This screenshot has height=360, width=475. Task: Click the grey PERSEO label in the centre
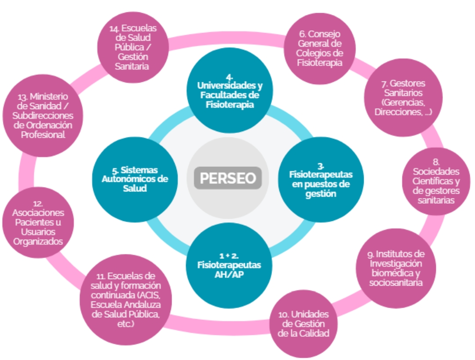point(228,178)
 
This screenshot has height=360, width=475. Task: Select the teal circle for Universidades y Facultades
point(230,90)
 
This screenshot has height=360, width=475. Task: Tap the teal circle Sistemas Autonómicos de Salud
point(135,180)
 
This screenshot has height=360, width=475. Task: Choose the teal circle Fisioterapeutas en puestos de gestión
point(321,180)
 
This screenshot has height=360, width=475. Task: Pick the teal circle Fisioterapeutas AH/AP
point(229,265)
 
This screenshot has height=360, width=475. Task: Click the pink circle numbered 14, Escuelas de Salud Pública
point(133,47)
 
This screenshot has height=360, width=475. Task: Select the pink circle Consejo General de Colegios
point(320,48)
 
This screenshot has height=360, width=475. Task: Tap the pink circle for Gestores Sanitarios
point(403,98)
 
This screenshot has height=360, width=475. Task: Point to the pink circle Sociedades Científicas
point(436,181)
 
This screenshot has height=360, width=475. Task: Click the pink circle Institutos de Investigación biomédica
point(396,268)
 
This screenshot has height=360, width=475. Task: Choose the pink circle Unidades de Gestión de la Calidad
point(303,323)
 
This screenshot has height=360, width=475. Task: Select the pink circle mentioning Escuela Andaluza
point(126,300)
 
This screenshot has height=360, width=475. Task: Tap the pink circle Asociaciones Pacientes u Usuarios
point(38,222)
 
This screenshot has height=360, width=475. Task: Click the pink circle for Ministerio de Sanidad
point(43,115)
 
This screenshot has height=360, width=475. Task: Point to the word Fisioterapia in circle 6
point(320,63)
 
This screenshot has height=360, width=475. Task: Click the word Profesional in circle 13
point(43,135)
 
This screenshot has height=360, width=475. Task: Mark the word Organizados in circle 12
point(38,242)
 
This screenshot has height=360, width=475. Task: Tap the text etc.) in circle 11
point(125,323)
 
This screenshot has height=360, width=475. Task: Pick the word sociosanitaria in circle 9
point(396,283)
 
